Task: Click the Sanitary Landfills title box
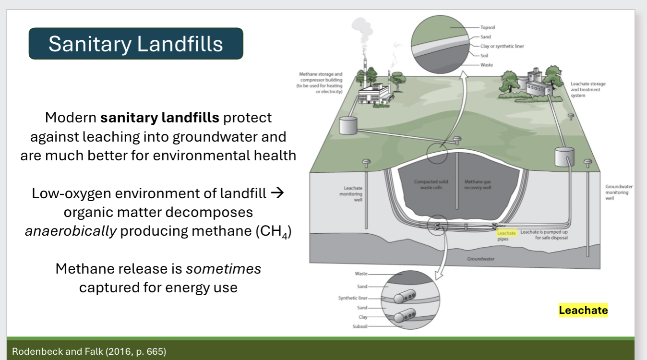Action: point(136,44)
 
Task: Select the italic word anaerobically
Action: point(71,231)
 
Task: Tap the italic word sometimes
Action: point(223,269)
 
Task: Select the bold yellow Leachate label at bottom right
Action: point(583,310)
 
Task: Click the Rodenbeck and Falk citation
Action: point(89,351)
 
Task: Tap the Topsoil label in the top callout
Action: point(489,28)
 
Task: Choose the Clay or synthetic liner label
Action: point(502,46)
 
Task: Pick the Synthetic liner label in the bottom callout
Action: point(353,298)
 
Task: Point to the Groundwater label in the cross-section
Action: point(480,259)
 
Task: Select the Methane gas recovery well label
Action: point(478,184)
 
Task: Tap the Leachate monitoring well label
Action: point(353,193)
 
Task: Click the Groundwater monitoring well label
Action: point(619,192)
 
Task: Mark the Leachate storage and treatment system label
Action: point(588,89)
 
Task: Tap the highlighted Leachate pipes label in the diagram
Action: point(506,233)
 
